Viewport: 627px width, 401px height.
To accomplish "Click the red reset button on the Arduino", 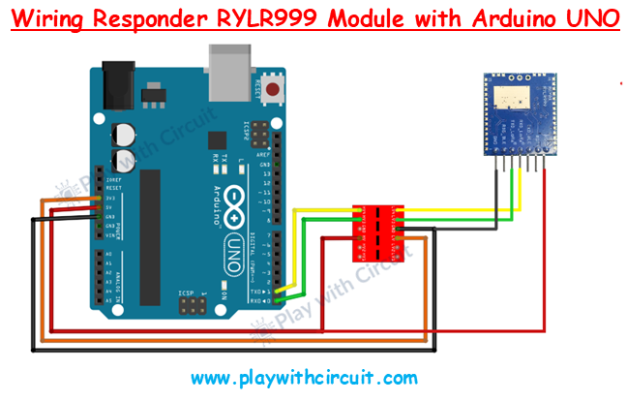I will coord(276,91).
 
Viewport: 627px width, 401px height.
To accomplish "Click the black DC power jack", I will coord(114,82).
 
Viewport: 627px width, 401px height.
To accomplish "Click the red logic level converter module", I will coord(378,231).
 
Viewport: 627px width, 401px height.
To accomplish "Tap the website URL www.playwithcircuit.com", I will coord(304,377).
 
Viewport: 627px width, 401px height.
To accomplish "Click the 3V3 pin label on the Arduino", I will coord(113,199).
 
